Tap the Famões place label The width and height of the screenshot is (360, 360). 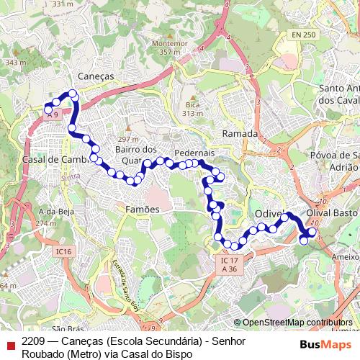[141, 209]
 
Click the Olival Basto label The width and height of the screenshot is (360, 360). [332, 215]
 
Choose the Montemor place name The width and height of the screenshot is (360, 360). [169, 43]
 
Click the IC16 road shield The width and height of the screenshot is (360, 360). [63, 251]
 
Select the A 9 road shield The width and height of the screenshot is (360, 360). [51, 114]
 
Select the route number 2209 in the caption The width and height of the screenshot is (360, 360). [34, 341]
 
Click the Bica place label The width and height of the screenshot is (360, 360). [192, 104]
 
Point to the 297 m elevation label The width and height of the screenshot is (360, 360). [127, 139]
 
